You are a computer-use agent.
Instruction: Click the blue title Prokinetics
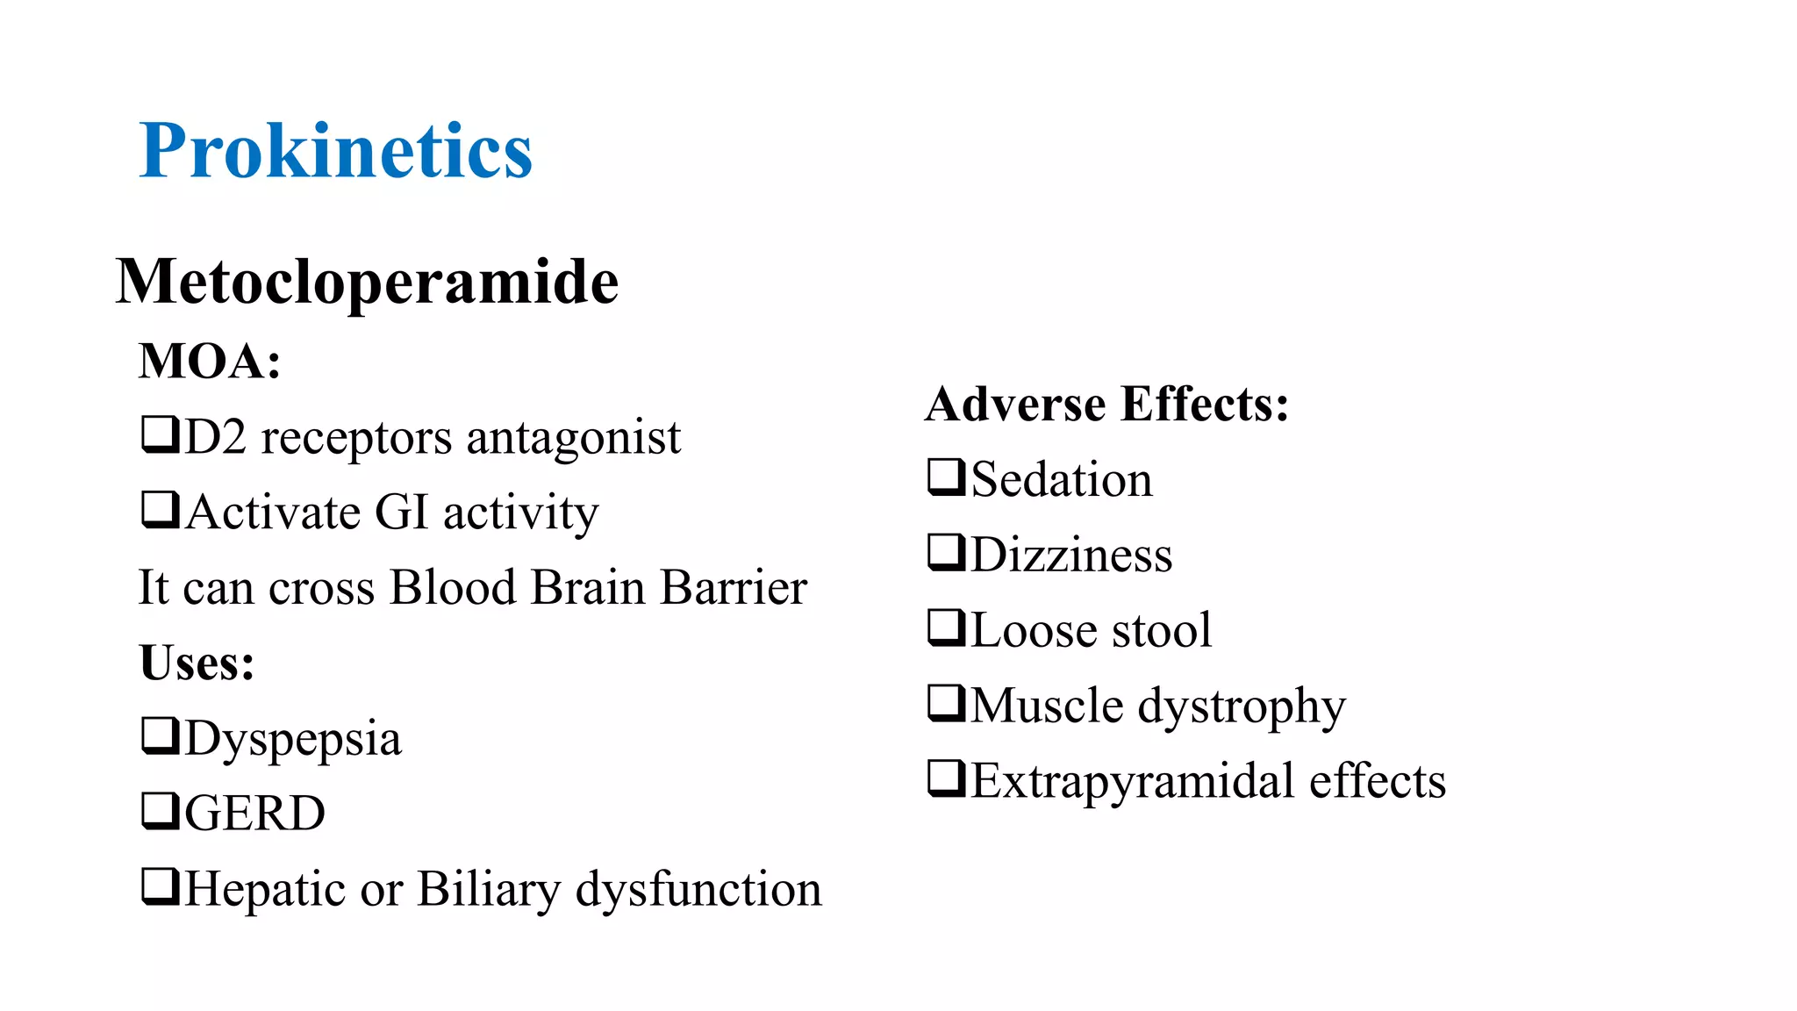pos(335,151)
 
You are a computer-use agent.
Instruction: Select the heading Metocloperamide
pos(367,282)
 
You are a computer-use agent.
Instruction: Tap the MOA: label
pos(210,361)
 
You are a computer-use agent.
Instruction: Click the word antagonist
pos(573,437)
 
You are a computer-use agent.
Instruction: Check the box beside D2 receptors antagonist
pos(161,434)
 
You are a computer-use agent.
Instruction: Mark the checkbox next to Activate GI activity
pos(161,510)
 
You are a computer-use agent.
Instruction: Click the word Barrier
pos(734,587)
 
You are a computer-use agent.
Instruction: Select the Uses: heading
pos(197,663)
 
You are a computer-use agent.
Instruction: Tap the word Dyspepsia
pos(293,738)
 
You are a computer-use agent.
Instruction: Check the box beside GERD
pos(161,811)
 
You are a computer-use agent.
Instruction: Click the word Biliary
pos(488,889)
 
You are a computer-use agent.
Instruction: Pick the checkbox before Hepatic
pos(161,886)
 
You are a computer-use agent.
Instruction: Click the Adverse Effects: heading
pos(1106,404)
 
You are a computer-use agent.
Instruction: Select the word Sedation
pos(1062,480)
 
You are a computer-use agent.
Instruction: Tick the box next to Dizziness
pos(947,553)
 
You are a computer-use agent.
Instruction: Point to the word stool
pos(1162,630)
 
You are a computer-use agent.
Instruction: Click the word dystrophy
pos(1241,706)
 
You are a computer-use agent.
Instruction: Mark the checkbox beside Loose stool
pos(947,628)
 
